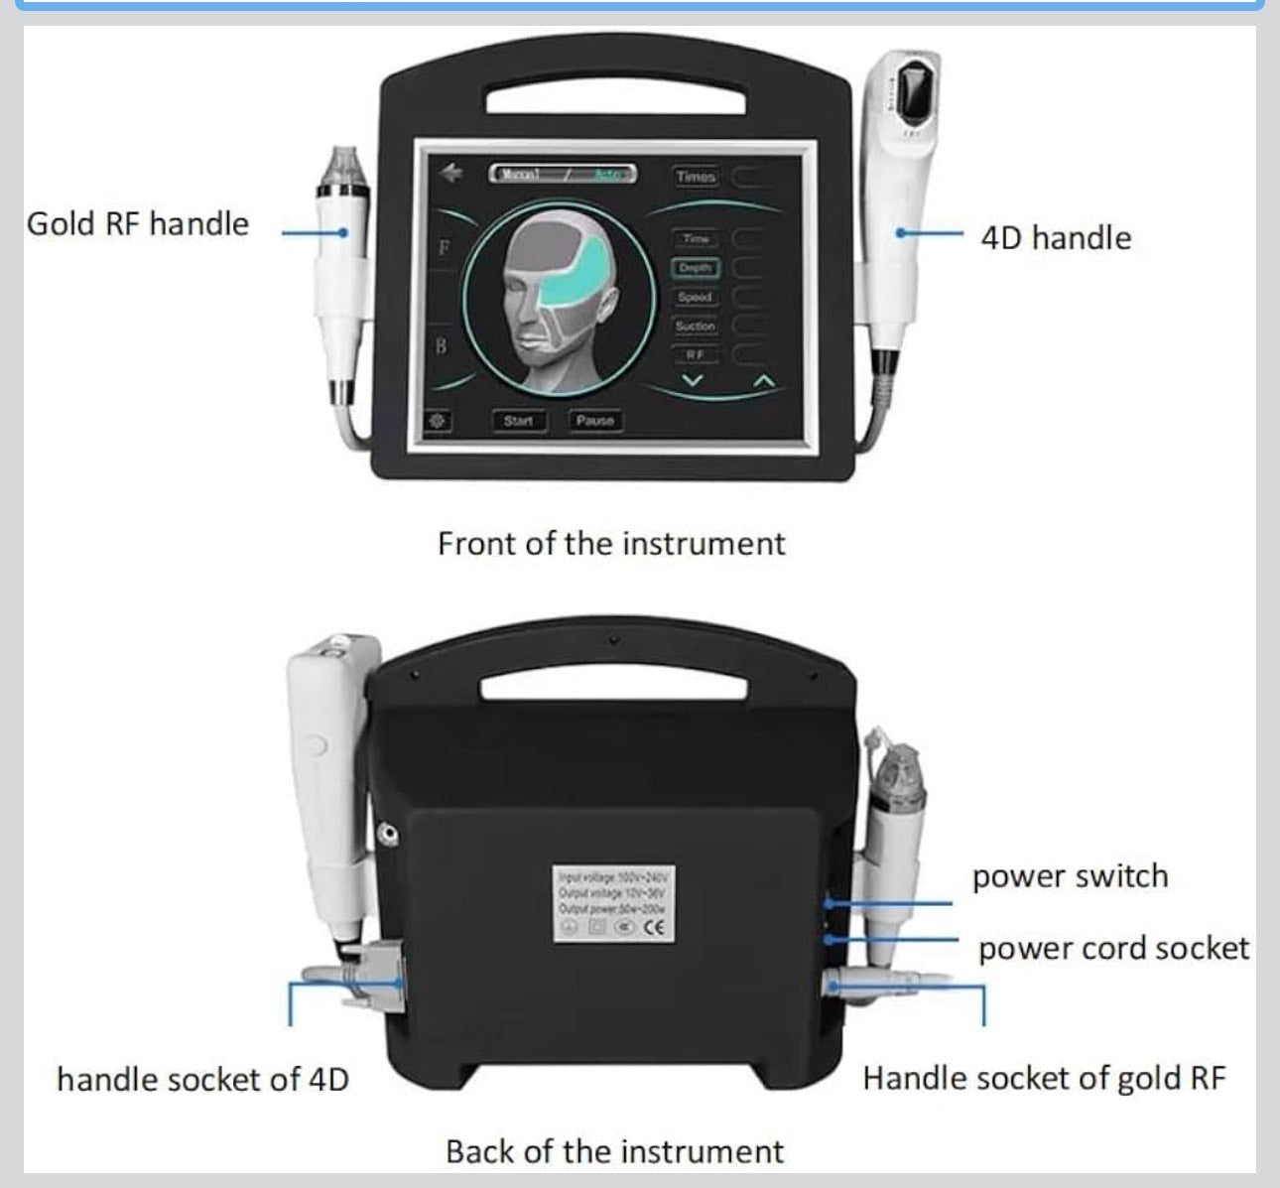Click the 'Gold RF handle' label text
coord(138,223)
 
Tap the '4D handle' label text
coord(1056,238)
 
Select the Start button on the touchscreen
coord(518,421)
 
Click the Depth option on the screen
coord(696,268)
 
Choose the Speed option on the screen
coord(696,297)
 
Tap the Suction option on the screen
coord(696,326)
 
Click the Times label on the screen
coord(697,177)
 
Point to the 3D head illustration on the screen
coord(561,299)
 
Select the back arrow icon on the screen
coord(453,173)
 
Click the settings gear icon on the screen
coord(437,421)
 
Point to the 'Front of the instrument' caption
coord(611,544)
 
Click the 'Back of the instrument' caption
coord(614,1151)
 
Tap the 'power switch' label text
coord(1070,876)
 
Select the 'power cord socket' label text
coord(1113,949)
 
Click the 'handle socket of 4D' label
coord(203,1080)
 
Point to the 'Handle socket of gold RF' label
coord(1044,1079)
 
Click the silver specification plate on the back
coord(615,903)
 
